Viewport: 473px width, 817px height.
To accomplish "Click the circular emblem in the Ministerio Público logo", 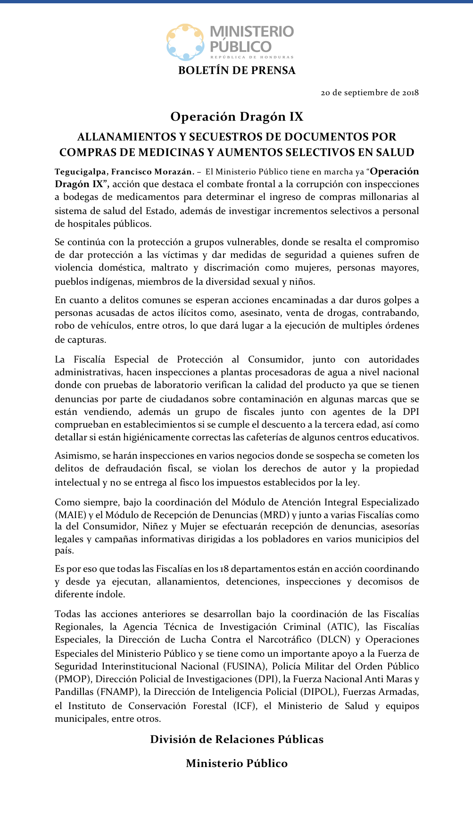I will (186, 42).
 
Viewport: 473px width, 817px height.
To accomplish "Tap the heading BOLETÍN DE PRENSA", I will (237, 71).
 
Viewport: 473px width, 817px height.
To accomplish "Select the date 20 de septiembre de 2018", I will (370, 92).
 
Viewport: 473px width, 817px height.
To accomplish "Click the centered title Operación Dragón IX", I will (237, 116).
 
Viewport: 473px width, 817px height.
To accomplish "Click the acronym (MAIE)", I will (71, 515).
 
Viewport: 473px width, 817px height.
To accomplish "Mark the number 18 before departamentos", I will (224, 569).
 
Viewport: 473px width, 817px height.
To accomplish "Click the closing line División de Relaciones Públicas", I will (237, 739).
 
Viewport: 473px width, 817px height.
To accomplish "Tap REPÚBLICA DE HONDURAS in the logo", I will (252, 57).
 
